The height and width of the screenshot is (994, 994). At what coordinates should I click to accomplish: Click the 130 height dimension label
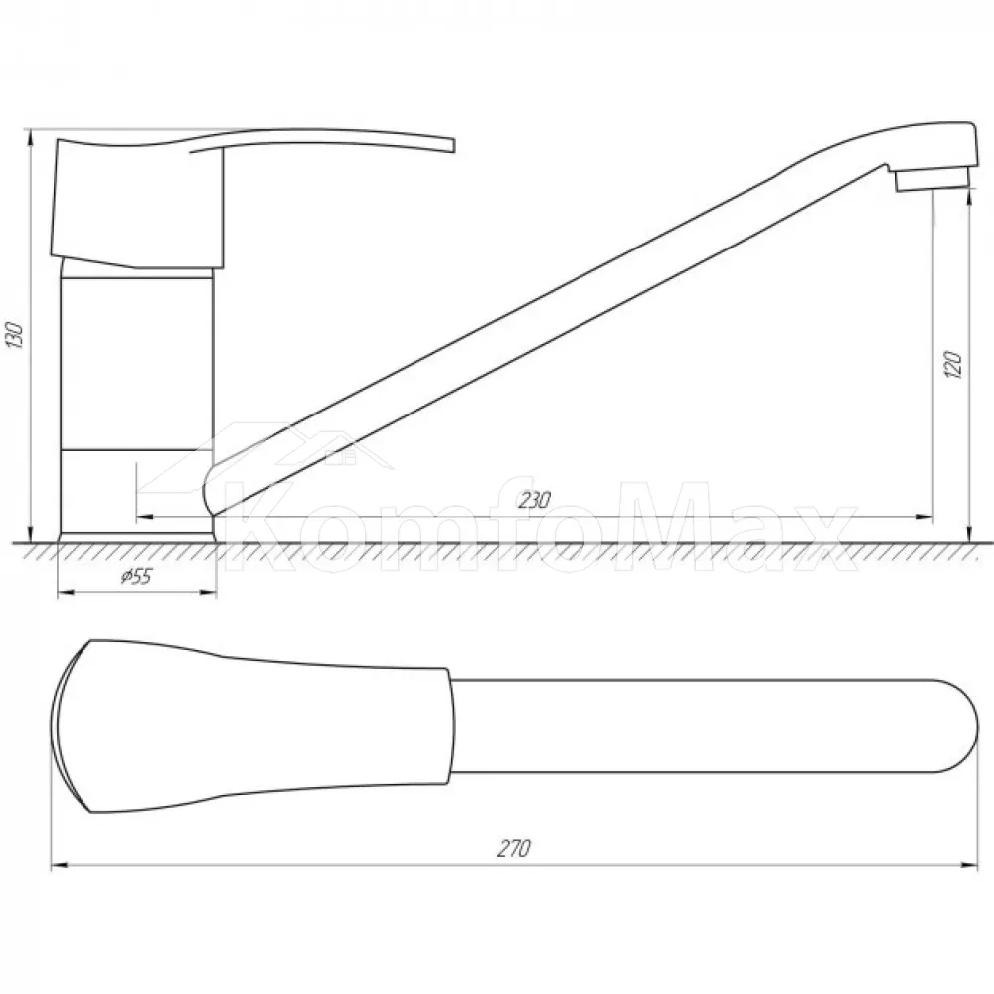pyautogui.click(x=15, y=335)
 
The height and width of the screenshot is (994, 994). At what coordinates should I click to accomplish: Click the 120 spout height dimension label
pyautogui.click(x=953, y=364)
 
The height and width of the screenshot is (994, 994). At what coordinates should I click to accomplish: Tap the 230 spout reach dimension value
pyautogui.click(x=534, y=501)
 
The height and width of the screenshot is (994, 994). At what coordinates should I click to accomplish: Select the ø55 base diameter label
pyautogui.click(x=136, y=577)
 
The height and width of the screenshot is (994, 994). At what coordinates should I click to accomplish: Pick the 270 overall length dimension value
pyautogui.click(x=514, y=848)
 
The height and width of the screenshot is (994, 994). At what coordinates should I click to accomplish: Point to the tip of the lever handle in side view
pyautogui.click(x=453, y=146)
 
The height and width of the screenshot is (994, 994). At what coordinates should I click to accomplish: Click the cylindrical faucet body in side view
pyautogui.click(x=136, y=362)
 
